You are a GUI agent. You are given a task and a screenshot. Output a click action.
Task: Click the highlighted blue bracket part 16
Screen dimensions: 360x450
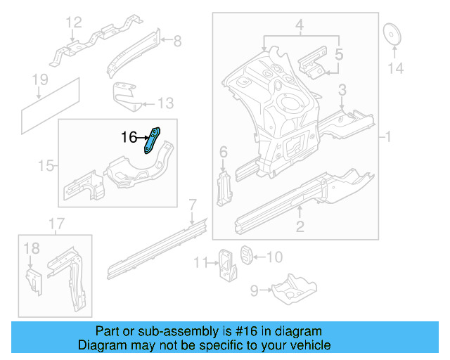(x=153, y=139)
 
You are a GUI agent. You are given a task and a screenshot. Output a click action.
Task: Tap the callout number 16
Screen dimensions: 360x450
(x=128, y=138)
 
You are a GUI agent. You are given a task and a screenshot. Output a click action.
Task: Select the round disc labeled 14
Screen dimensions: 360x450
(x=392, y=35)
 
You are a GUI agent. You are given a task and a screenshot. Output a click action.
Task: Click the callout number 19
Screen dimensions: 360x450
(x=41, y=79)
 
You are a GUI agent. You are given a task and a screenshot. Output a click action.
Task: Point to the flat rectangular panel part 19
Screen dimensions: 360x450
(x=49, y=104)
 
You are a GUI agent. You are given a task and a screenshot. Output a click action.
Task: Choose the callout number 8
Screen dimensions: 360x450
(x=176, y=41)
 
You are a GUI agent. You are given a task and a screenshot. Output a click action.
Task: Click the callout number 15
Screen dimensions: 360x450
(x=46, y=166)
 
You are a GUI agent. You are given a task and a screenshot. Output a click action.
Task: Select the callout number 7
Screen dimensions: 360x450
(x=191, y=205)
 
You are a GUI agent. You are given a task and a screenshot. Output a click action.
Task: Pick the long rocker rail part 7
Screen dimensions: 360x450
(x=155, y=246)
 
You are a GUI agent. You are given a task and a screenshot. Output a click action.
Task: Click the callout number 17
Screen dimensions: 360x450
(x=56, y=224)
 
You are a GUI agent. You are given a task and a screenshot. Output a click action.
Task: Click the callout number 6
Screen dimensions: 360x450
(x=223, y=153)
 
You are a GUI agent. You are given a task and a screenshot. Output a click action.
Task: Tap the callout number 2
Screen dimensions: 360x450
(x=300, y=226)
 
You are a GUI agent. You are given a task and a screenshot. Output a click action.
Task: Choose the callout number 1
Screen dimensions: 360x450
(x=388, y=136)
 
